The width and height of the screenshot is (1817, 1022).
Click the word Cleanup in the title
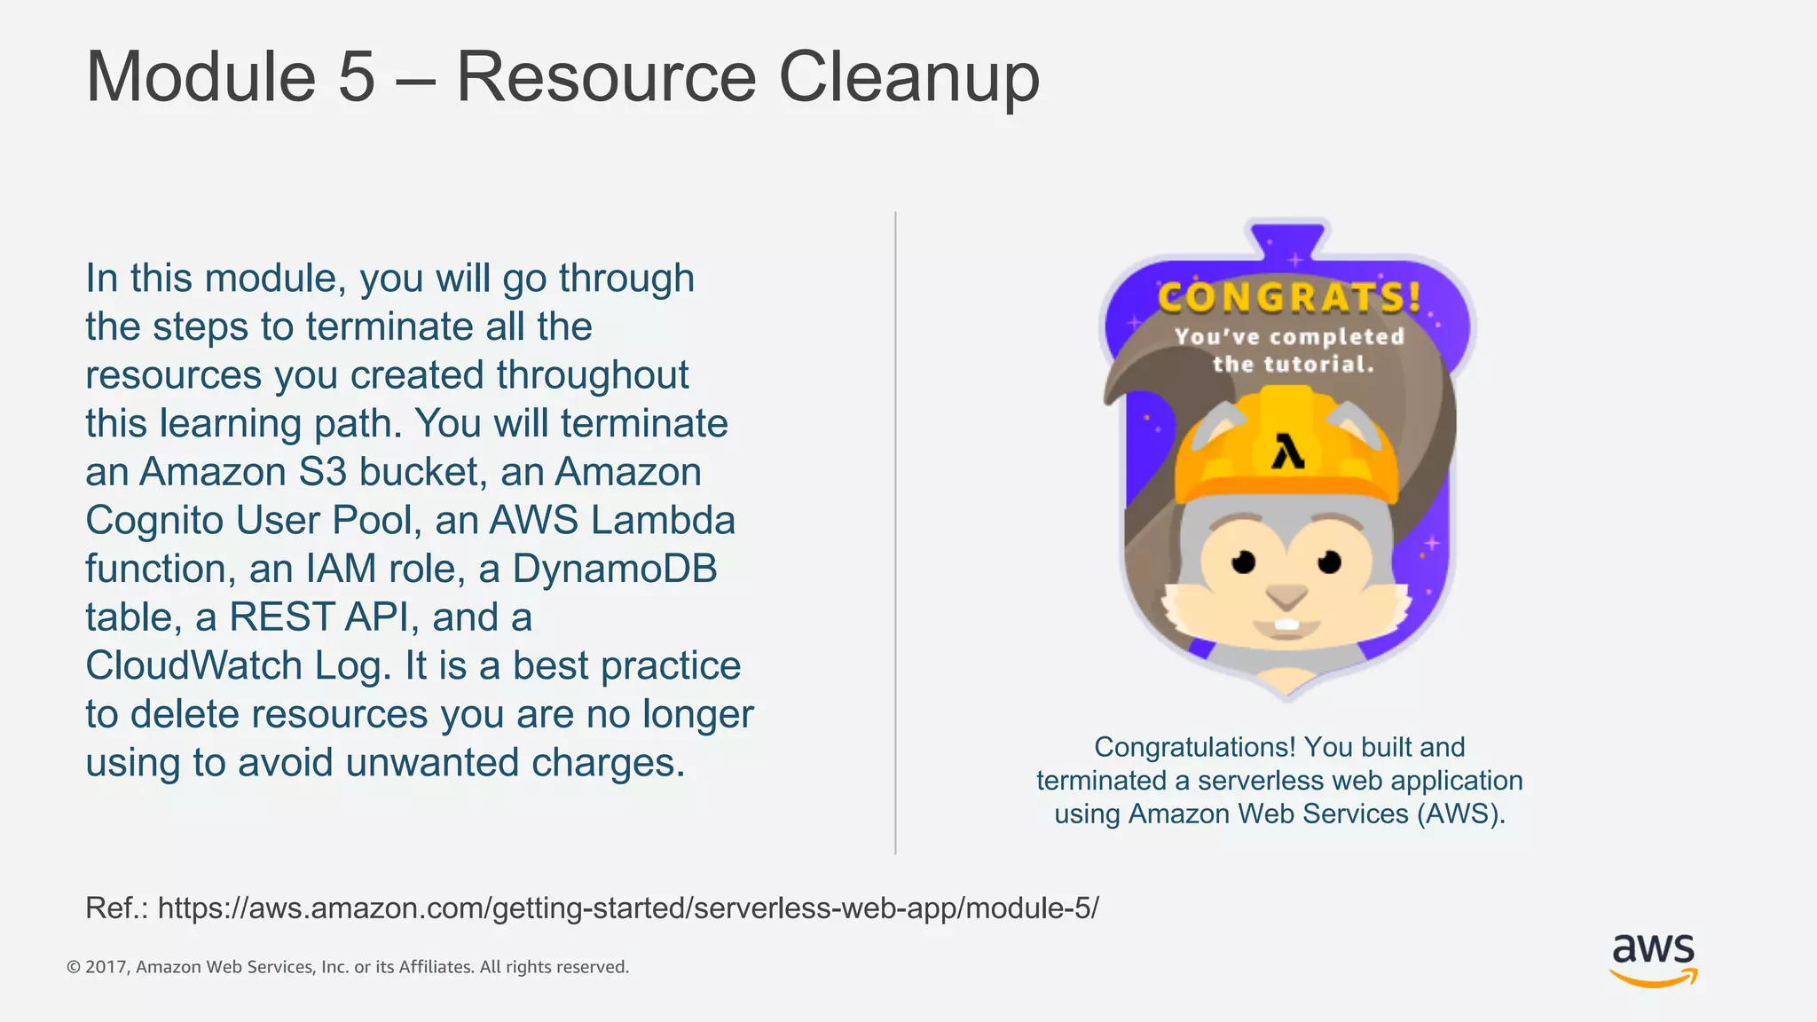click(x=908, y=78)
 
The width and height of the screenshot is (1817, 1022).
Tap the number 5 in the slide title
click(x=357, y=78)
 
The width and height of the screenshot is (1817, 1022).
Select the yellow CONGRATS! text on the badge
click(x=1289, y=297)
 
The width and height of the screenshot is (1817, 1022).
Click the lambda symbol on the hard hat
click(x=1287, y=451)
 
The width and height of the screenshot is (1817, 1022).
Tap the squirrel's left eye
click(x=1244, y=562)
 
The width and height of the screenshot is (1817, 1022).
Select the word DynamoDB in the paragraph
click(x=614, y=569)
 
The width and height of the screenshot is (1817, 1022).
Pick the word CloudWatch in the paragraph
click(x=193, y=666)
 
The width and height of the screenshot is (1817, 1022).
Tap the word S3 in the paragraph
click(x=322, y=472)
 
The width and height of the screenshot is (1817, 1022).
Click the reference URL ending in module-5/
click(x=628, y=908)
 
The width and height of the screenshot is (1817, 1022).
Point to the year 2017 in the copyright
click(x=106, y=967)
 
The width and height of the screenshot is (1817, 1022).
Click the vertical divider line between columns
click(x=895, y=532)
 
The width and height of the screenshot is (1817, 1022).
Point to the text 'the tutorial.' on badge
click(x=1293, y=365)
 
